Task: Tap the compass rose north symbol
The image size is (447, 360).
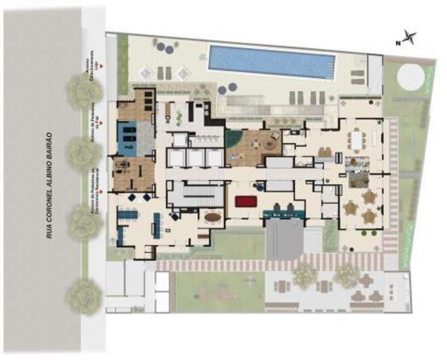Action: (x=409, y=38)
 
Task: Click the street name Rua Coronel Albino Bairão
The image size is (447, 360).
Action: (x=50, y=186)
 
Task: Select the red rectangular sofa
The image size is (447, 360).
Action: (x=245, y=201)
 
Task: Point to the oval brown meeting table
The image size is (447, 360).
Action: (x=212, y=218)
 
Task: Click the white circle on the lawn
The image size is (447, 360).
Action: (x=410, y=77)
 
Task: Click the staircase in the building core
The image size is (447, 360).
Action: (x=195, y=195)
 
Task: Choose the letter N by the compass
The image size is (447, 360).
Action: (x=397, y=43)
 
